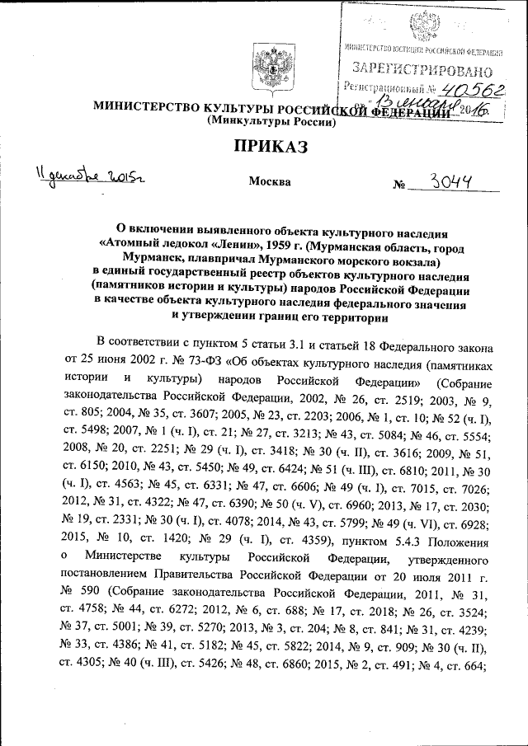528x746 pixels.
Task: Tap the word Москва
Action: (269, 181)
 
